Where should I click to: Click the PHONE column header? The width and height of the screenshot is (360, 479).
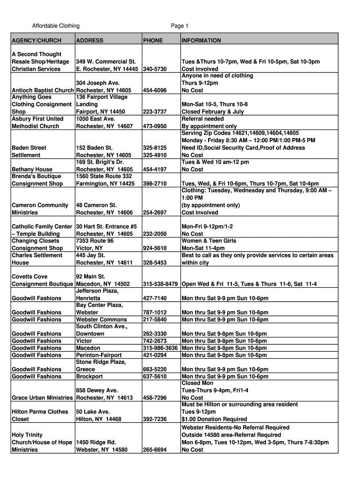(153, 41)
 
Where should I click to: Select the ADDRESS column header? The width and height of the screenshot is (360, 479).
(89, 41)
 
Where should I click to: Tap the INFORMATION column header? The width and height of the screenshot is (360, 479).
(201, 41)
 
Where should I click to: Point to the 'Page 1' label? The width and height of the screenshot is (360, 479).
(180, 26)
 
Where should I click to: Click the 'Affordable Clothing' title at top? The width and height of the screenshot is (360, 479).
(56, 26)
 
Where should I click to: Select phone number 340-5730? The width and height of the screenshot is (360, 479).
(154, 69)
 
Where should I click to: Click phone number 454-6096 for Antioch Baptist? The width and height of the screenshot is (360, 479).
(154, 90)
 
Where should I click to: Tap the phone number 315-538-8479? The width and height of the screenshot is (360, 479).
(160, 284)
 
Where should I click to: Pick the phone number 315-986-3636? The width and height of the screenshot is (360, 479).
(160, 348)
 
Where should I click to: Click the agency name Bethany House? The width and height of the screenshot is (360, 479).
(32, 169)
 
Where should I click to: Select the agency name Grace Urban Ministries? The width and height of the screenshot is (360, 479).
(42, 398)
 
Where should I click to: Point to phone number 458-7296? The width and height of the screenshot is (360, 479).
(154, 398)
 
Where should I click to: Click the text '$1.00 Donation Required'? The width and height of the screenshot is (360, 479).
(214, 419)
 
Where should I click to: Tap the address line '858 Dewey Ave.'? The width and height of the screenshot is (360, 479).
(97, 390)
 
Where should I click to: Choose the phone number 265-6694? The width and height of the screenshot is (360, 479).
(154, 450)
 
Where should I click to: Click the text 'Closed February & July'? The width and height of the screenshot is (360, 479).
(213, 112)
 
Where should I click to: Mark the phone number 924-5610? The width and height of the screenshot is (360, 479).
(154, 248)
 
